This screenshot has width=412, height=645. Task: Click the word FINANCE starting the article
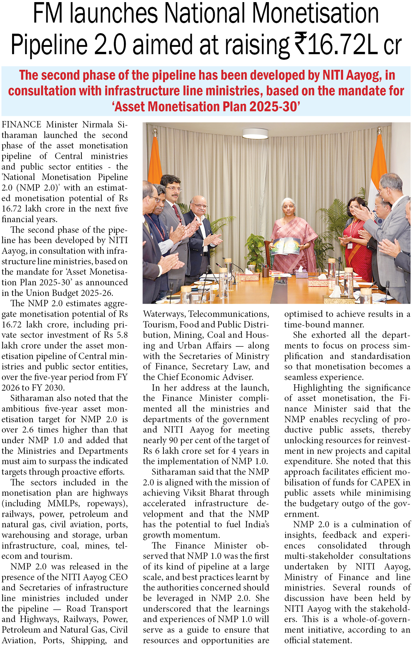[x=21, y=125]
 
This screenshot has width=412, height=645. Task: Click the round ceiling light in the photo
[x=255, y=133]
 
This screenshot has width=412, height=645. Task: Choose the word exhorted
[x=329, y=335]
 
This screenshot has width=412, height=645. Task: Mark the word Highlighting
[x=318, y=388]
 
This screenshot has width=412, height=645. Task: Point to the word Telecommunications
[x=229, y=314]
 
